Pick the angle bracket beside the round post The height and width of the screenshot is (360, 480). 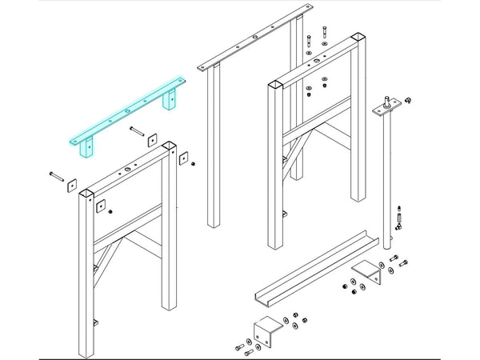coord(369,271)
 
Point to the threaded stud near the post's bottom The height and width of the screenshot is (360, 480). coord(398,215)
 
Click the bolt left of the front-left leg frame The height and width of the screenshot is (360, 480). coord(55,174)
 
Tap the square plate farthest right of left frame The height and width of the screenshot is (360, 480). coord(185,158)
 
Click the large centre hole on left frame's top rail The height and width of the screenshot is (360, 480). coord(126,171)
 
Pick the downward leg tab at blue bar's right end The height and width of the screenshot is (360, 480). coord(170,102)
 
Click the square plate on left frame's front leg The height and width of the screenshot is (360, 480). coord(102,206)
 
